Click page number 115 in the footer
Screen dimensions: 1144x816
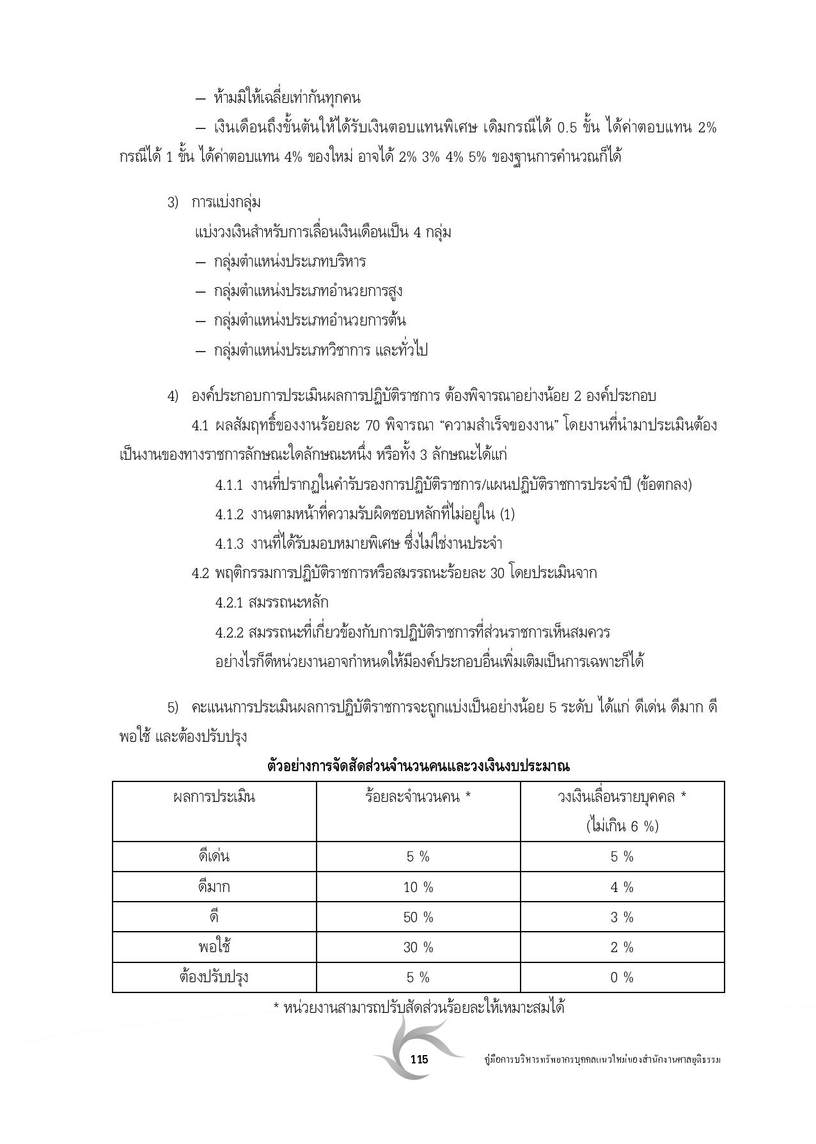419,1059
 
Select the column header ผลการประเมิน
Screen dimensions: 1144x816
214,797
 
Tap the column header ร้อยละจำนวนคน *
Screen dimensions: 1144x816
418,797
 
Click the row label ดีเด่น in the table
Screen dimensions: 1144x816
214,856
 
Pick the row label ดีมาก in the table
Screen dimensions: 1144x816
214,887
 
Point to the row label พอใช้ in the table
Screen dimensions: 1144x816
214,947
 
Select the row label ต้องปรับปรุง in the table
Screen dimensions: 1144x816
214,977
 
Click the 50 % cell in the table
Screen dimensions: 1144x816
418,918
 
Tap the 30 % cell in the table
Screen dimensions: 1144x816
418,947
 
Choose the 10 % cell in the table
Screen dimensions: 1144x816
418,887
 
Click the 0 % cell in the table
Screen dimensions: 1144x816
622,977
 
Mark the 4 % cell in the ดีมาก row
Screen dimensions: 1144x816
622,887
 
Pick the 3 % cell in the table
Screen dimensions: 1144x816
622,918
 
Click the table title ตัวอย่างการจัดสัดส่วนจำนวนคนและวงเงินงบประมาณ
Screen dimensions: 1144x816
418,765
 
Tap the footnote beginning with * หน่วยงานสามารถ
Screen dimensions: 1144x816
418,1008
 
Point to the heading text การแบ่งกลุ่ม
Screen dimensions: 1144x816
226,203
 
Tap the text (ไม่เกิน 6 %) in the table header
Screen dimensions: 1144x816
622,826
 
